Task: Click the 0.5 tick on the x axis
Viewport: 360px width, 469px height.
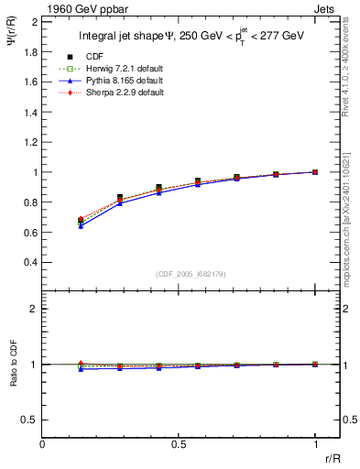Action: [179, 445]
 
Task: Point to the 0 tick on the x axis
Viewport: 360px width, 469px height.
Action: [43, 445]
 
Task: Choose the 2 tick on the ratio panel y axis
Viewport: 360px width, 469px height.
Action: [35, 309]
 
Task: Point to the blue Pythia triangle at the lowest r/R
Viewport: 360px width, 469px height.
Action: [82, 225]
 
